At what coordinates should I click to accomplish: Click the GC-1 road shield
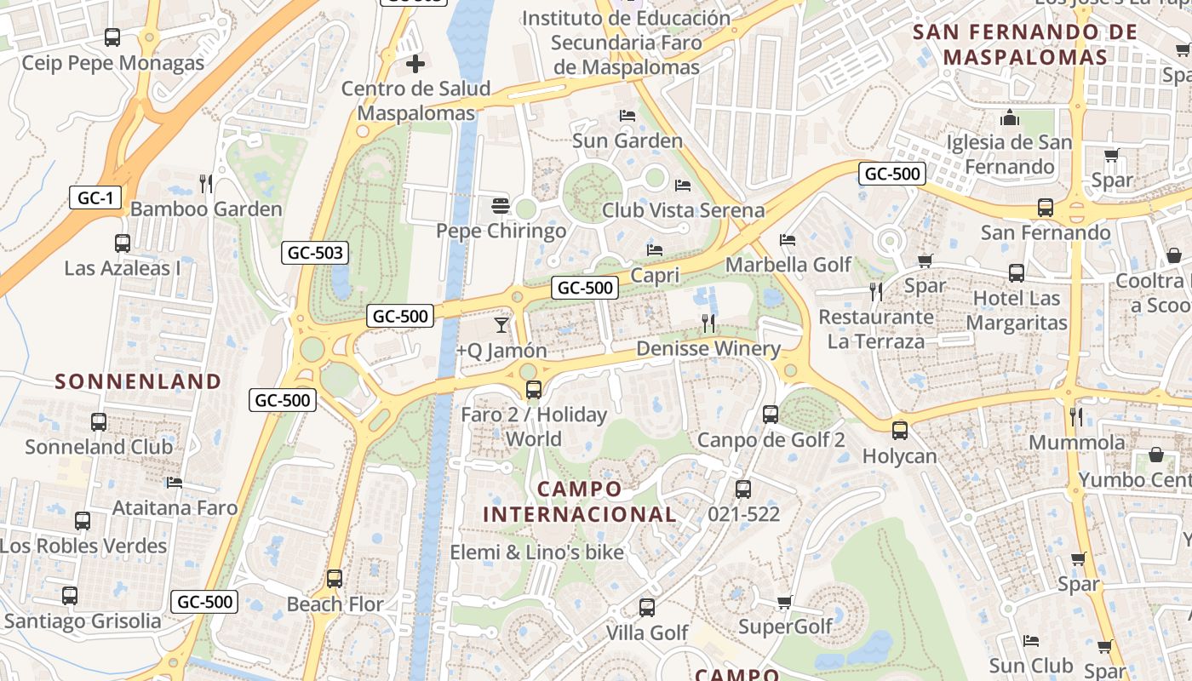[x=95, y=198]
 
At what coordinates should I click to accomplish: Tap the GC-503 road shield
[x=316, y=252]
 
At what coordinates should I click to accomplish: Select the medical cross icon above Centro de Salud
[x=415, y=63]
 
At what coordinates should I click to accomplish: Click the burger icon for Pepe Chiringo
[x=500, y=205]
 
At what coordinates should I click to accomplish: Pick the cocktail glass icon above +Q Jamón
[x=501, y=324]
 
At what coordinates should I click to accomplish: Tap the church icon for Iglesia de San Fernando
[x=1010, y=117]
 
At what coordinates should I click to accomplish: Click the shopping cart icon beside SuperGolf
[x=784, y=602]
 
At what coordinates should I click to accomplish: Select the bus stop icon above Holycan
[x=900, y=431]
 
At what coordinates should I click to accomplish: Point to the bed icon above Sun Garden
[x=628, y=115]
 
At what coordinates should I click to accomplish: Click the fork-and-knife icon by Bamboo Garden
[x=205, y=183]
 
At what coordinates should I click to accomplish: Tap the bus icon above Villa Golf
[x=647, y=608]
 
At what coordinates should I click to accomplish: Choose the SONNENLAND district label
[x=138, y=381]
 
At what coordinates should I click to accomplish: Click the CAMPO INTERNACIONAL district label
[x=580, y=501]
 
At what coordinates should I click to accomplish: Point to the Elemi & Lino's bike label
[x=536, y=552]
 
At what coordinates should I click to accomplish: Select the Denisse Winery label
[x=708, y=348]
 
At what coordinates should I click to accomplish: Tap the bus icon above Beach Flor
[x=335, y=579]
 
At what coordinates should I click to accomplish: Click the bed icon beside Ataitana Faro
[x=175, y=483]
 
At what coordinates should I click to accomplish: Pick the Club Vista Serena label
[x=683, y=209]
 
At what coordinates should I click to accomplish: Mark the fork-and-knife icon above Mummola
[x=1076, y=416]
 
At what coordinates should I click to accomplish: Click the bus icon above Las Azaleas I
[x=123, y=243]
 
